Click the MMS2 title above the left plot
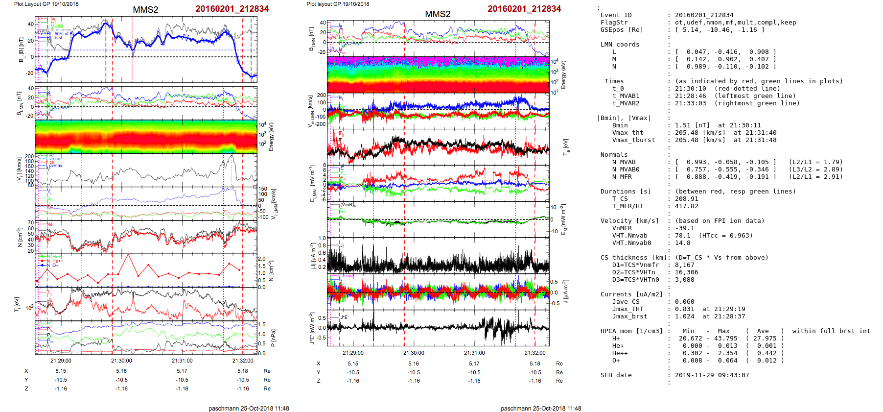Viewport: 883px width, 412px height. [x=145, y=10]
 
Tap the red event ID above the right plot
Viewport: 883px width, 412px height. [x=524, y=9]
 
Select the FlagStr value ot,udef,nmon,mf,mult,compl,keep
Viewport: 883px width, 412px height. [x=735, y=23]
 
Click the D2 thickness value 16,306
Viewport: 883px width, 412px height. [x=686, y=272]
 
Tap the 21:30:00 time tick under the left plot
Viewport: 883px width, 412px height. [x=121, y=361]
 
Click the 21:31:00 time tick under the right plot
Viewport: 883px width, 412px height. [x=474, y=353]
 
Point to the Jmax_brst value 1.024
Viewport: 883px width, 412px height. [x=684, y=316]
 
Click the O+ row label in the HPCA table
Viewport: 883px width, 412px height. [x=616, y=361]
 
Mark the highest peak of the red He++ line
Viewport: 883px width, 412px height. [x=128, y=255]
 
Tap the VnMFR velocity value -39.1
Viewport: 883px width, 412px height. [x=684, y=228]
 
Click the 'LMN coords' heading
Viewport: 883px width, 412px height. [x=620, y=45]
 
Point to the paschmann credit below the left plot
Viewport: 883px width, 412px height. [x=249, y=408]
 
